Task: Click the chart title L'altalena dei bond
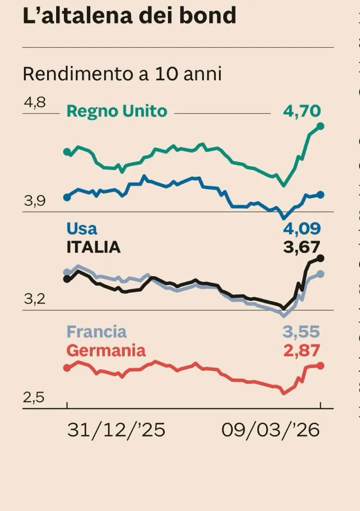pos(130,15)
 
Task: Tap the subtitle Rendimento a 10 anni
pos(122,74)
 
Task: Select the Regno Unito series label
pos(117,111)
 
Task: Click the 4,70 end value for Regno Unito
pos(301,111)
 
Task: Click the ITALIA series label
pos(93,247)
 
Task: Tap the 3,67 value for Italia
pos(301,247)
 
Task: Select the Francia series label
pos(96,331)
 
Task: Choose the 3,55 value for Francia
pos(301,331)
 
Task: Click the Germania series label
pos(106,350)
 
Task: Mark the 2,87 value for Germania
pos(301,350)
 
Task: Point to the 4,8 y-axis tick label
pos(34,102)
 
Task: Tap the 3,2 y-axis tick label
pos(35,299)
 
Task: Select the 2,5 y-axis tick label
pos(35,398)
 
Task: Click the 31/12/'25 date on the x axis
pos(116,430)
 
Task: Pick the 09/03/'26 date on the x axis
pos(271,430)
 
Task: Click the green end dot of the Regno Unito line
pos(321,126)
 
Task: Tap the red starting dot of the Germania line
pos(67,367)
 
